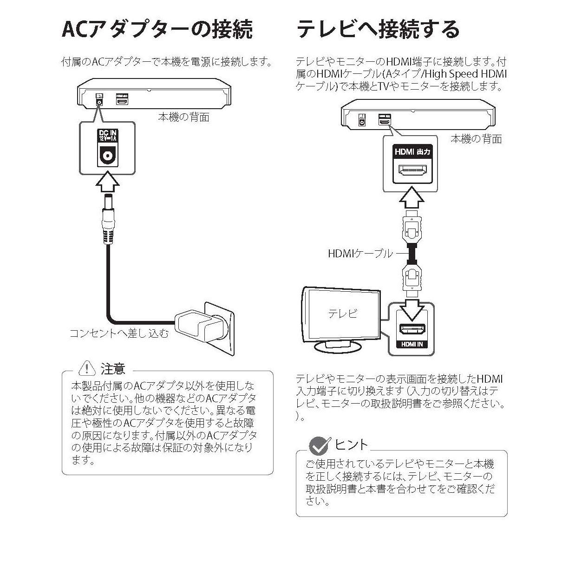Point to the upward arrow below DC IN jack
click(107, 183)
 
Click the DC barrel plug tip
click(107, 203)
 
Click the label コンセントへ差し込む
click(119, 333)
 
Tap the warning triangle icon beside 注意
click(87, 368)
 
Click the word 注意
click(113, 369)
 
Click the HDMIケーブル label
click(360, 254)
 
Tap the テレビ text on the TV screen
click(343, 314)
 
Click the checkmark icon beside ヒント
click(319, 445)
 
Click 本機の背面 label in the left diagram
click(184, 117)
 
